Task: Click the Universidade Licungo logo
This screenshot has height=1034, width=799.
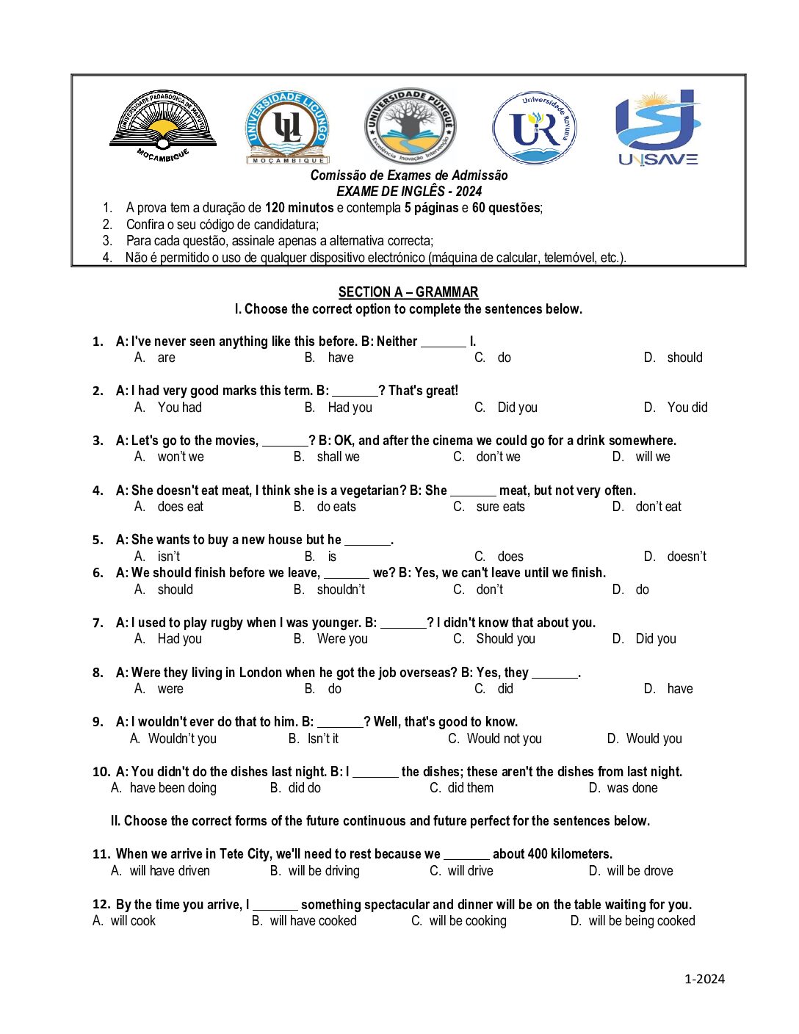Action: (x=287, y=127)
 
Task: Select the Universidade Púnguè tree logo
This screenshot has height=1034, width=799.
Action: (x=410, y=126)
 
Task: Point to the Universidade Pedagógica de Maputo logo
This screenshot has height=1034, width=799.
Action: (x=163, y=126)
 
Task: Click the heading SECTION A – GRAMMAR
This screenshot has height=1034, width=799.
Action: (x=408, y=292)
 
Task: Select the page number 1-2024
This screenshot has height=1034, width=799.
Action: (x=704, y=978)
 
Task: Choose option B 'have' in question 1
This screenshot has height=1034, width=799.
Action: (x=340, y=358)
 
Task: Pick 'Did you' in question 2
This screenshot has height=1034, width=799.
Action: (x=517, y=408)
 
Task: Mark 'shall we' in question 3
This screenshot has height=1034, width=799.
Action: (x=338, y=457)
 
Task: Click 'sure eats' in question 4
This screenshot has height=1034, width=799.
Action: (x=500, y=507)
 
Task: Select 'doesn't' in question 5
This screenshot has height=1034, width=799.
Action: (x=686, y=557)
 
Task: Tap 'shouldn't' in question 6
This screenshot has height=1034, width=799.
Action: (x=341, y=590)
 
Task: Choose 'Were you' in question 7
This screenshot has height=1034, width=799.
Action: (x=342, y=639)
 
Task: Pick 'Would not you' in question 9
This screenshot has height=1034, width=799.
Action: (x=504, y=739)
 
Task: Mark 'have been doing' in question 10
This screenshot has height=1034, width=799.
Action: (x=173, y=788)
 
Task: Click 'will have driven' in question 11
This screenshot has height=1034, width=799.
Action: (x=170, y=871)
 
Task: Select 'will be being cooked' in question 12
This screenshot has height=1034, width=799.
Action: (x=641, y=921)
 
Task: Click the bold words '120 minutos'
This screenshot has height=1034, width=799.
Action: (x=299, y=208)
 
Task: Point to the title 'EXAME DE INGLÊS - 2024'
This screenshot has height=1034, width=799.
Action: (x=409, y=192)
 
